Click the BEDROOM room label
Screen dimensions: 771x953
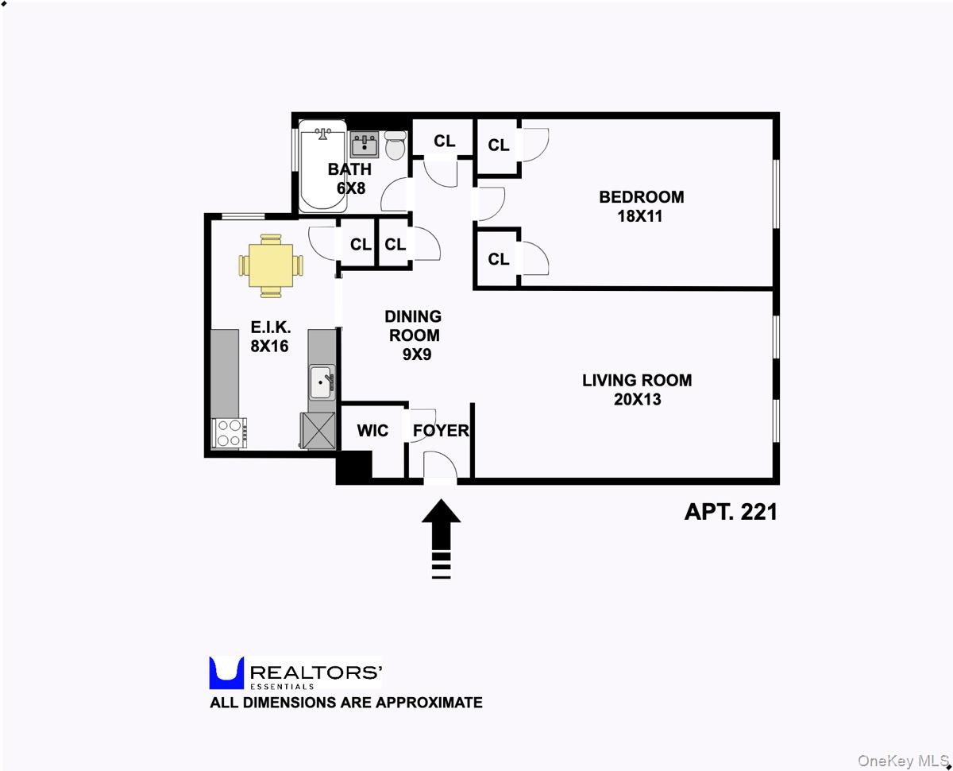coord(641,197)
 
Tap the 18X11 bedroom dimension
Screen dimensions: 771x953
coord(640,216)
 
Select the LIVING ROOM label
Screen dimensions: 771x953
coord(637,380)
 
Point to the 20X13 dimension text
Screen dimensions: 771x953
coord(637,399)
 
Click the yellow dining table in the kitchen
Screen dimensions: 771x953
coord(271,265)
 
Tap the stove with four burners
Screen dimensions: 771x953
coord(230,433)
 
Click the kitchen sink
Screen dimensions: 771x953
coord(321,383)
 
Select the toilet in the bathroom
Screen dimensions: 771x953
coord(395,145)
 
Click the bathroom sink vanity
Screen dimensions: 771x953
coord(365,145)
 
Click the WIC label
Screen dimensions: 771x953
coord(372,431)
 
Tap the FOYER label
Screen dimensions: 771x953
coord(441,431)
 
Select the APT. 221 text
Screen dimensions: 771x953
coord(731,512)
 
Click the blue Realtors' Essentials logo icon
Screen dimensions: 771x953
coord(226,672)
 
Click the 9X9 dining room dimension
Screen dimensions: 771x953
coord(416,355)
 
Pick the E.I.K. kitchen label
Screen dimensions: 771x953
coord(271,327)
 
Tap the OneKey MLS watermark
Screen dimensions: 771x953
coord(902,761)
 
